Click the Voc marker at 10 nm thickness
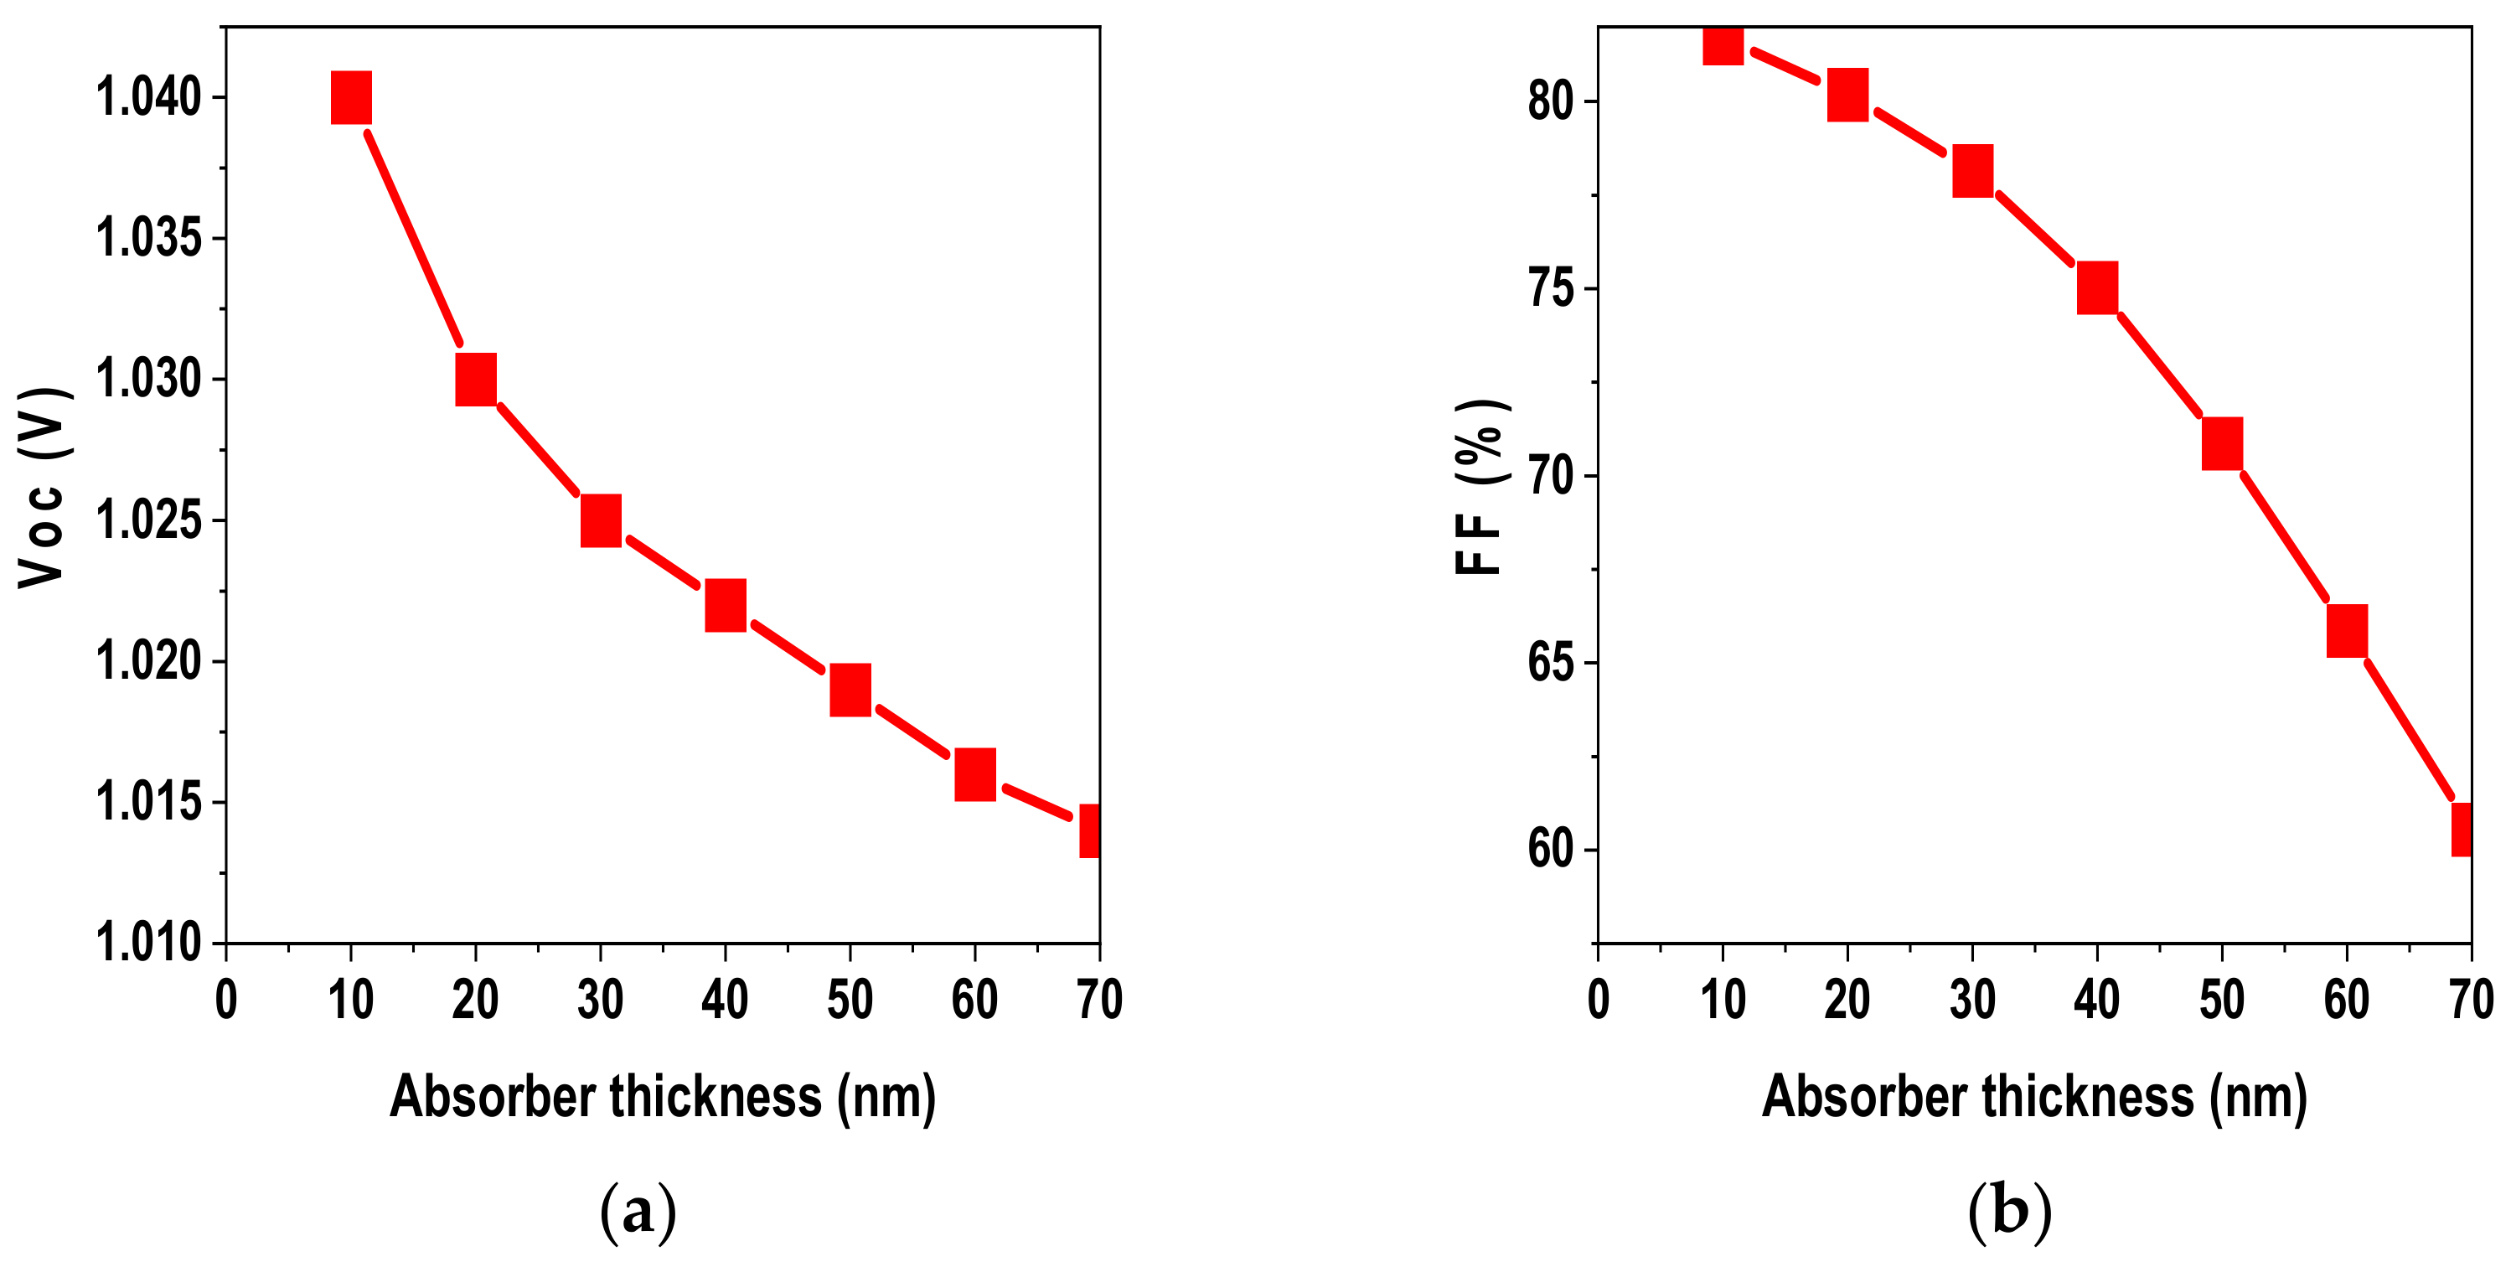point(351,97)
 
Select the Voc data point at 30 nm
point(601,520)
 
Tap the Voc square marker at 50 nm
point(850,690)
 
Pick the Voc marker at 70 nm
point(1090,830)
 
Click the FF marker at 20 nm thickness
point(1847,95)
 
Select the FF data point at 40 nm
point(2097,287)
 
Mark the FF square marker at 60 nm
point(2346,631)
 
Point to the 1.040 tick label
point(148,97)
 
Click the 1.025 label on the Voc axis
point(148,520)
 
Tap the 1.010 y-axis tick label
point(148,942)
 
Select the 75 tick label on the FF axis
point(1551,288)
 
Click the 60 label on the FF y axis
point(1551,849)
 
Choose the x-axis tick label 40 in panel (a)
point(724,1000)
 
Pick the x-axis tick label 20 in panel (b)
point(1847,1000)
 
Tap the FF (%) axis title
point(1480,488)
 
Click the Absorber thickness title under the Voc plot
point(663,1096)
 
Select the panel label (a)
point(638,1212)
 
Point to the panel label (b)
point(2009,1212)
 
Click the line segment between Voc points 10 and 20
point(413,238)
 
